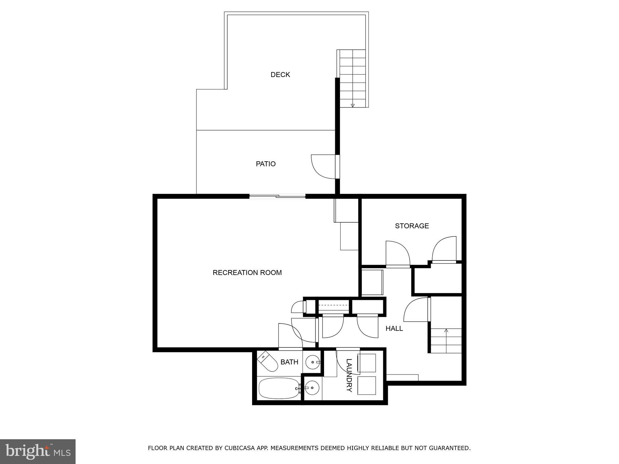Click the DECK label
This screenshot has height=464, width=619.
tap(280, 75)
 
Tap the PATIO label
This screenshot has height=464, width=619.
tap(266, 164)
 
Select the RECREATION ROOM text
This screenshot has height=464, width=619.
tap(247, 272)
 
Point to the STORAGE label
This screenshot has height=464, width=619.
tap(412, 226)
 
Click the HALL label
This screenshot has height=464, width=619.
tap(394, 328)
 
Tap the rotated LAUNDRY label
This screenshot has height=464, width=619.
tap(349, 375)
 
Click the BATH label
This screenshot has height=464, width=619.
tap(289, 362)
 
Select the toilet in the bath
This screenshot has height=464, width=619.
tap(268, 361)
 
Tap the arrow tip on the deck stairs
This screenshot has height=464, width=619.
tap(352, 105)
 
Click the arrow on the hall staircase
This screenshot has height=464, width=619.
tap(446, 330)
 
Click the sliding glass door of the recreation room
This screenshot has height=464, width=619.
tap(277, 197)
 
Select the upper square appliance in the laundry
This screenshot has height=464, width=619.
tap(367, 363)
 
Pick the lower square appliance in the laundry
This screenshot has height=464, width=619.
tap(367, 385)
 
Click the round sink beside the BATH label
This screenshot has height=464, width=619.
tap(313, 362)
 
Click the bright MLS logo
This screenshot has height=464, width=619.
tap(37, 452)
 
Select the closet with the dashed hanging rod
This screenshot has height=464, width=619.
tap(333, 307)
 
